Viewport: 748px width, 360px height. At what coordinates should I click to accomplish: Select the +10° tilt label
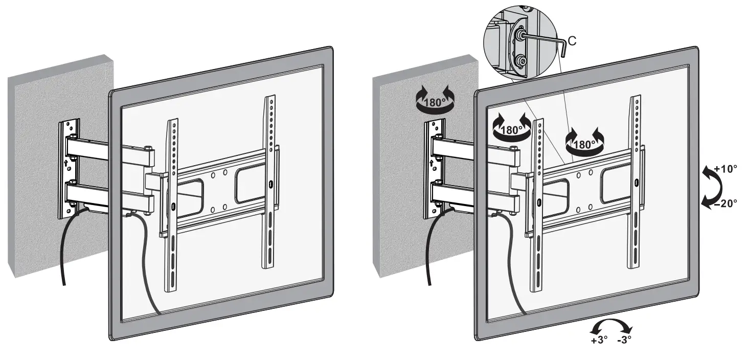coord(725,168)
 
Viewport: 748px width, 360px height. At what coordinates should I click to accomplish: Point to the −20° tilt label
coord(725,203)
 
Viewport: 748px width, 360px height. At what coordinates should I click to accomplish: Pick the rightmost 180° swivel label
coord(584,144)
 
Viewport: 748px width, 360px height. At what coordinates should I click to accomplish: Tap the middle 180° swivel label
coord(510,130)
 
